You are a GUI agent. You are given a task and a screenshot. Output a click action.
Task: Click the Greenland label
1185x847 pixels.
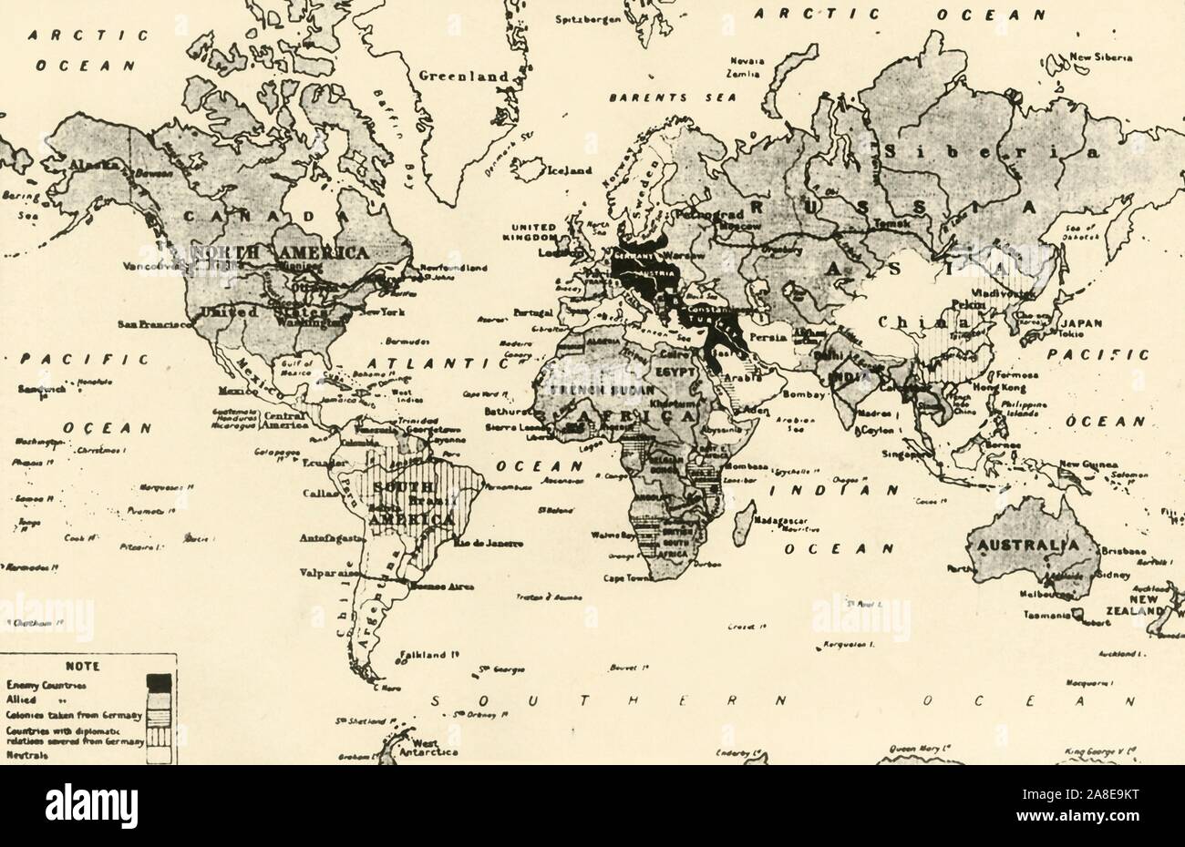tap(462, 77)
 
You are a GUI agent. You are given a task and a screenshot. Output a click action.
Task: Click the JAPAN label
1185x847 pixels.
tap(1080, 322)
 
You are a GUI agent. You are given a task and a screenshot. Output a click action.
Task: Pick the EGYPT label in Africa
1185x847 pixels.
tap(674, 374)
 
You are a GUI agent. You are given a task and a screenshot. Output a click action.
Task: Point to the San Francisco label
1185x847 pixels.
tap(154, 323)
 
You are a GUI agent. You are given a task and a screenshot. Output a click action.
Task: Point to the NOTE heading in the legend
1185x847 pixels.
tap(76, 666)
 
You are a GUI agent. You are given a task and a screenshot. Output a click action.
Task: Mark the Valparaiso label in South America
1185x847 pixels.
tap(326, 574)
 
